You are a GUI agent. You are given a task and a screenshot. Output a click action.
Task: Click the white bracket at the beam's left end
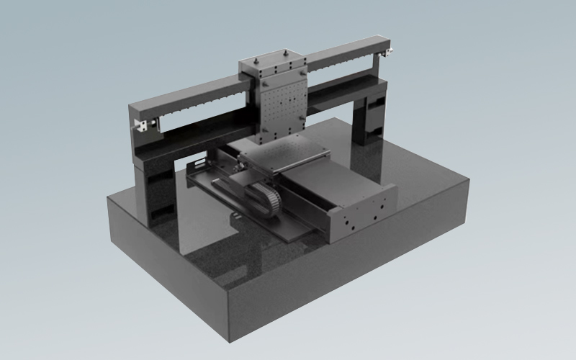click(145, 125)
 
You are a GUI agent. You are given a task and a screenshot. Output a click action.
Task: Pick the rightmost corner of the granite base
click(469, 180)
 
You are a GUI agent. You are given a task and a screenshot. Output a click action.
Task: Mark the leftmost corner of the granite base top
click(107, 195)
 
